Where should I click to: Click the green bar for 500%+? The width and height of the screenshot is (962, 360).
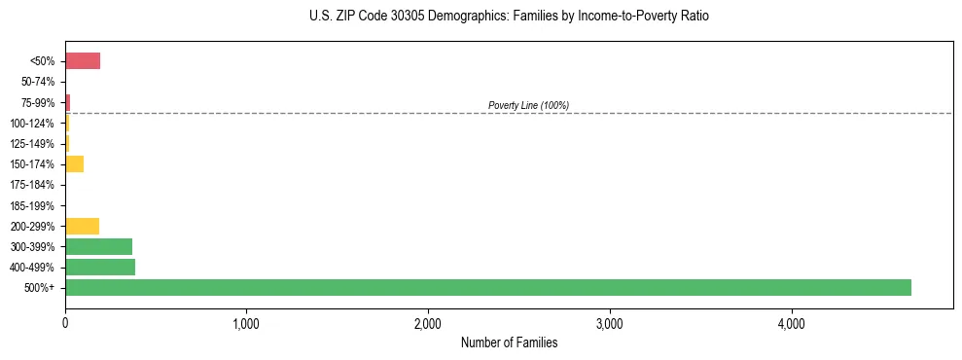point(487,287)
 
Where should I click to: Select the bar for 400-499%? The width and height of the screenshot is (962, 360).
point(100,267)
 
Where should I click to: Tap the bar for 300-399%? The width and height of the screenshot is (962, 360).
point(98,246)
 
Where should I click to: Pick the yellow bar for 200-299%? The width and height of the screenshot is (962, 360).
point(82,226)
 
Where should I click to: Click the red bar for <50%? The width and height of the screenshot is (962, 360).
point(83,61)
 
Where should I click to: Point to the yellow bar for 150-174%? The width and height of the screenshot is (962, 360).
point(74,163)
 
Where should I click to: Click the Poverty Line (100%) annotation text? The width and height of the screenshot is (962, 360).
point(528,105)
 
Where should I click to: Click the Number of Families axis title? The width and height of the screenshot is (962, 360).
point(509,342)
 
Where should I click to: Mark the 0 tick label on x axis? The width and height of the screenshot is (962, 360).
point(65,323)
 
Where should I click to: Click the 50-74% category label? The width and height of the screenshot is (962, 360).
point(38,82)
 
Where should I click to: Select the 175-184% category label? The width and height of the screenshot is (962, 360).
point(33,185)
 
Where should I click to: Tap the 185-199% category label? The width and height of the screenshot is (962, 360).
point(33,205)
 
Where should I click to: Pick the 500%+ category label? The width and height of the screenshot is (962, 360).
point(41,288)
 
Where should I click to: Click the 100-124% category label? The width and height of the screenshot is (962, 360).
point(33,124)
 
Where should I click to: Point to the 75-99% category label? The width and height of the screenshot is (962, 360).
point(38,102)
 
